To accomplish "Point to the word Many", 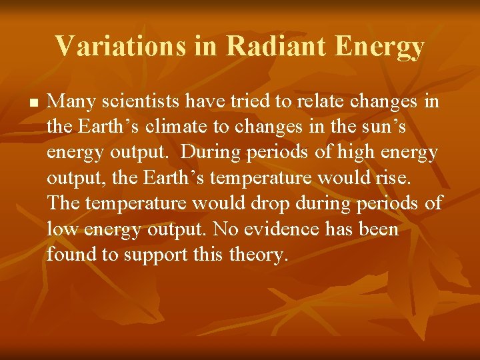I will pos(71,102).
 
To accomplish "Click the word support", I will pos(154,255).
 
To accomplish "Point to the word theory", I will pos(259,255).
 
